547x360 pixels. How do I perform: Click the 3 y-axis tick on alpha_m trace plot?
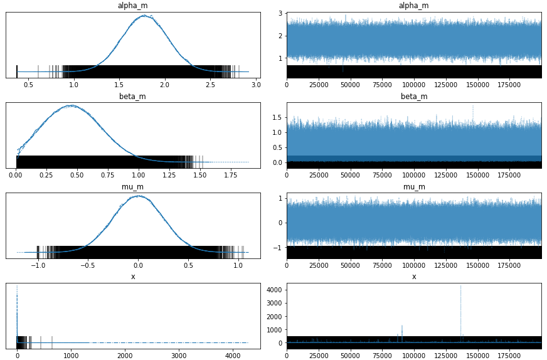pyautogui.click(x=280, y=13)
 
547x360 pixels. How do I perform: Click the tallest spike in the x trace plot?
pyautogui.click(x=460, y=287)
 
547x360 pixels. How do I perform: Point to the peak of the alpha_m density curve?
pyautogui.click(x=144, y=16)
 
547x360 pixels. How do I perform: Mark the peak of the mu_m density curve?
pyautogui.click(x=139, y=196)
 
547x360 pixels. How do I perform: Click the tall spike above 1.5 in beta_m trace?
pyautogui.click(x=472, y=106)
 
